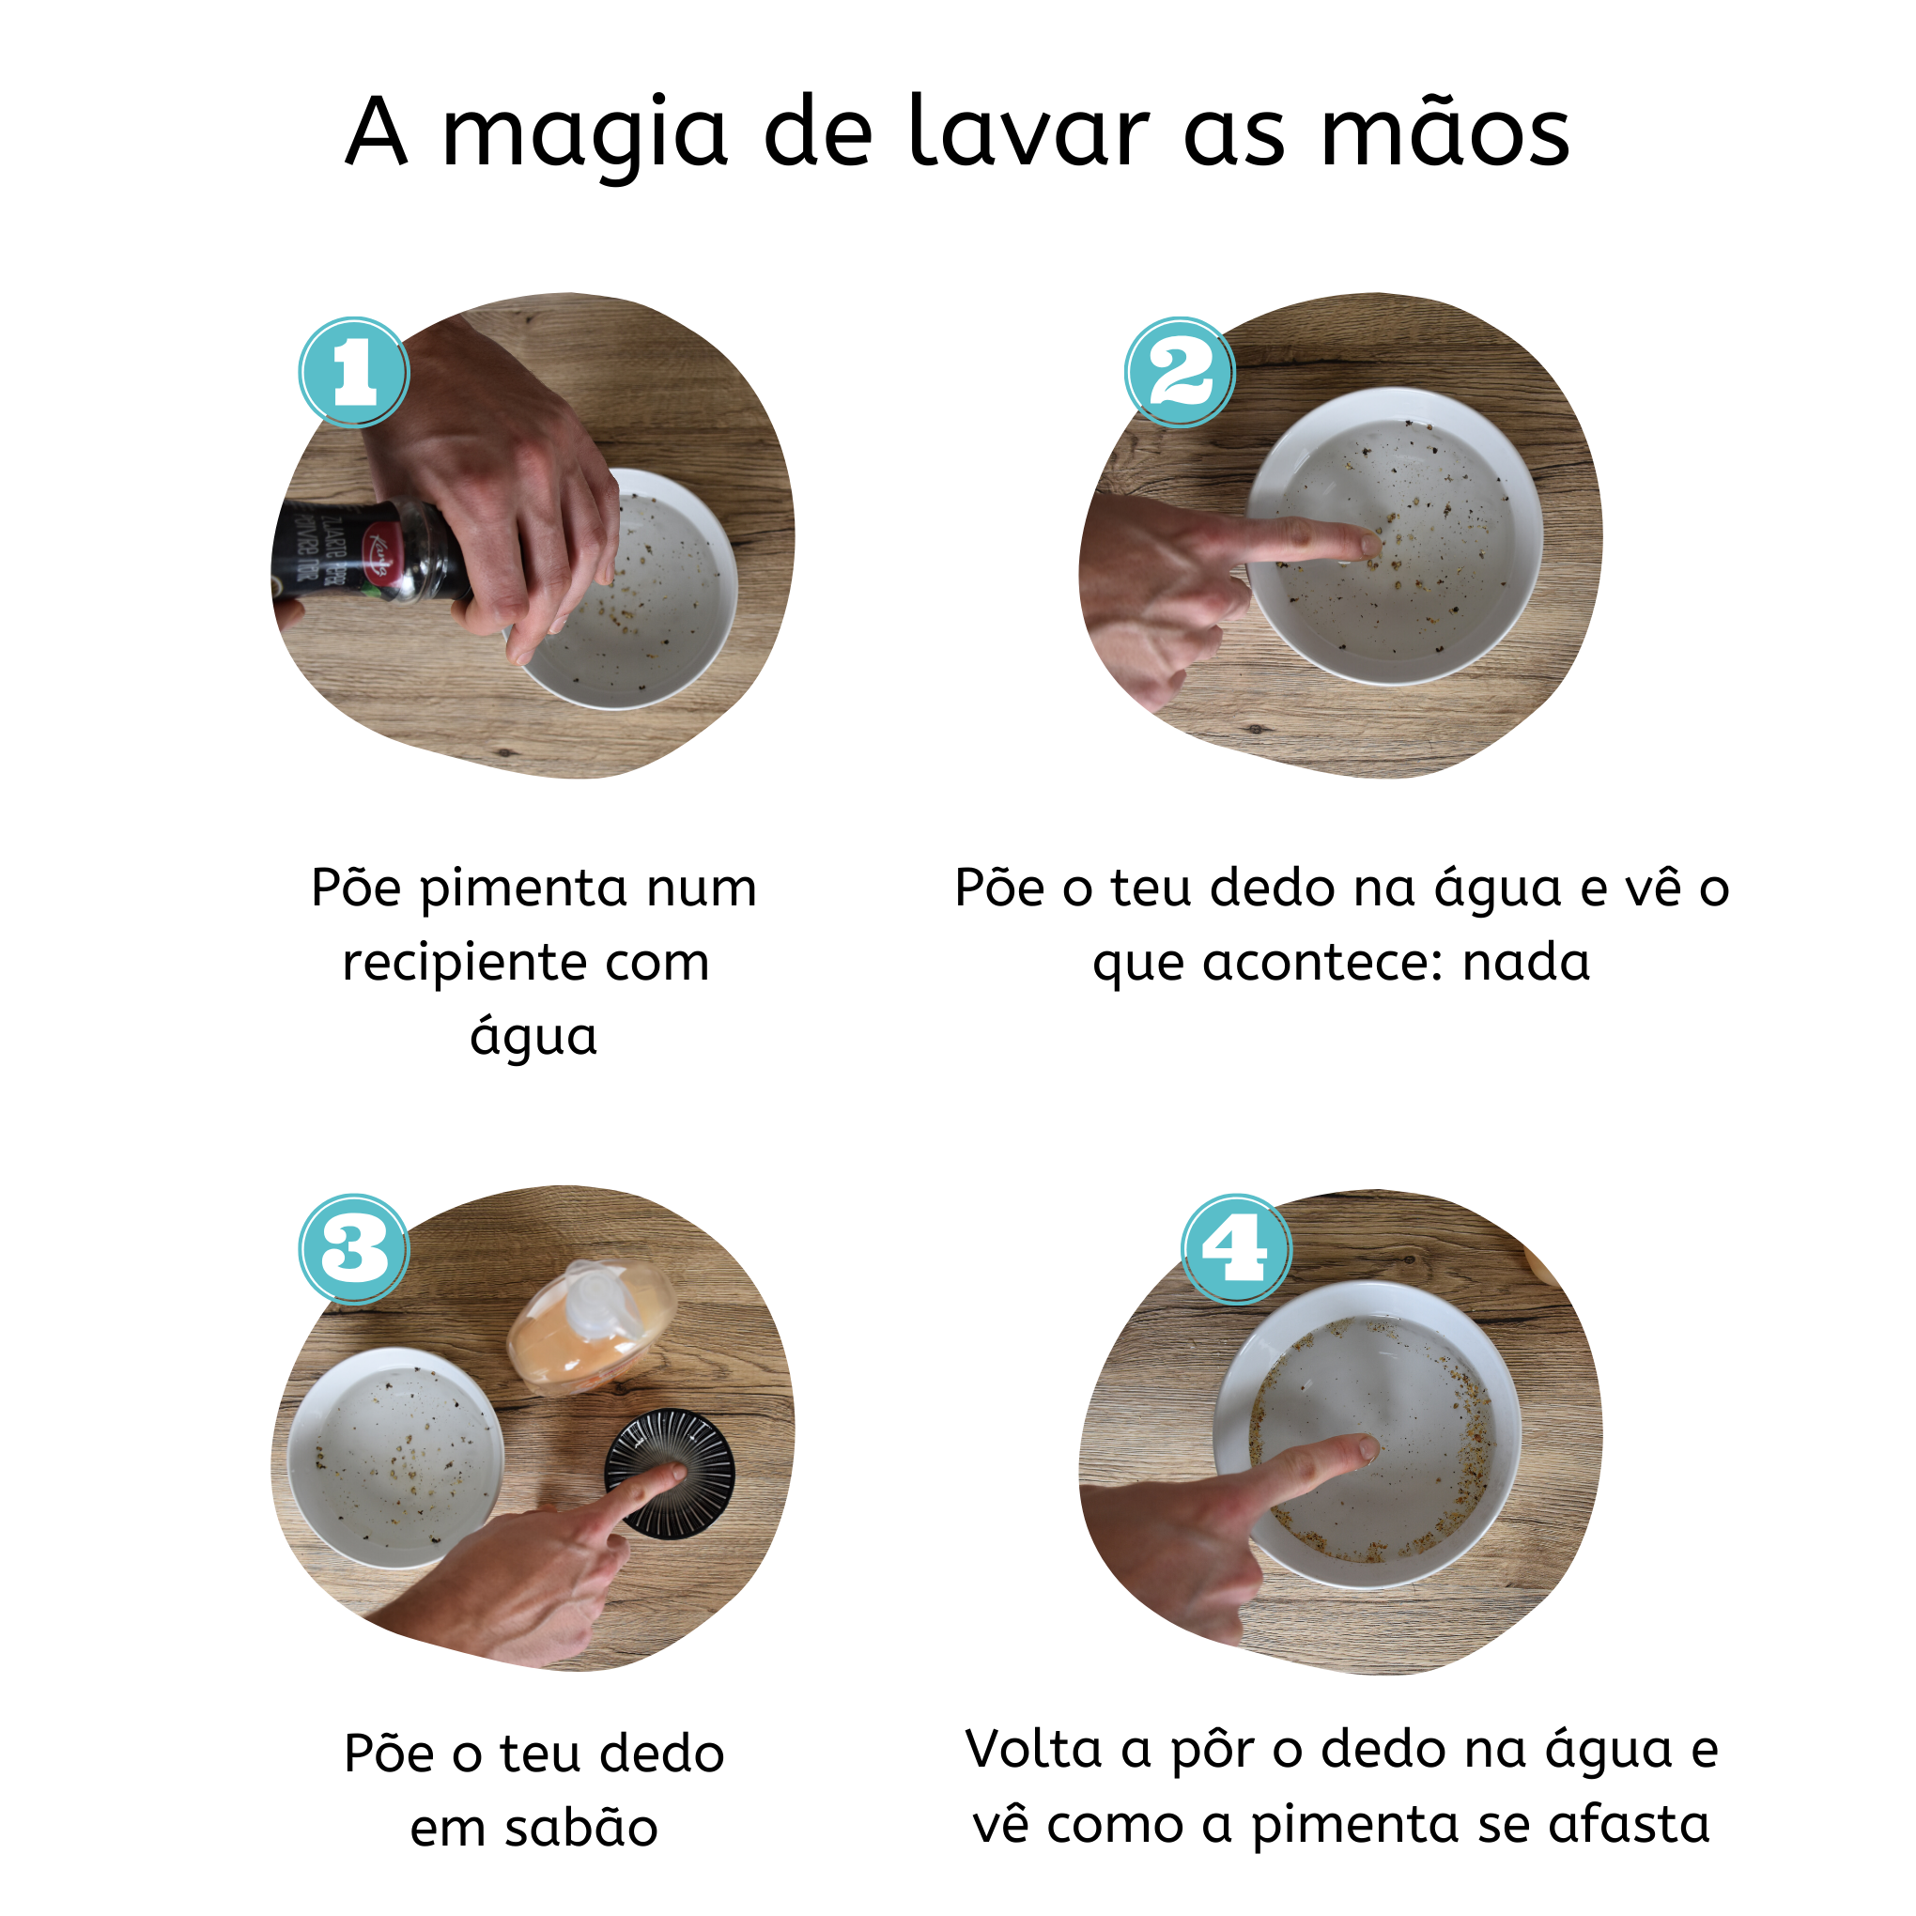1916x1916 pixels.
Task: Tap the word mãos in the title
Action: point(1445,131)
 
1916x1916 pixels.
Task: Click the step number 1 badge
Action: point(354,373)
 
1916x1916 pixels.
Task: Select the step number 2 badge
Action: point(1179,373)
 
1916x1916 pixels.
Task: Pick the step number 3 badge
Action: point(354,1248)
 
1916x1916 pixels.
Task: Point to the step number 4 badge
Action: point(1235,1248)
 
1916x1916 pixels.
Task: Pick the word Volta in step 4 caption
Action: point(1032,1750)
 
